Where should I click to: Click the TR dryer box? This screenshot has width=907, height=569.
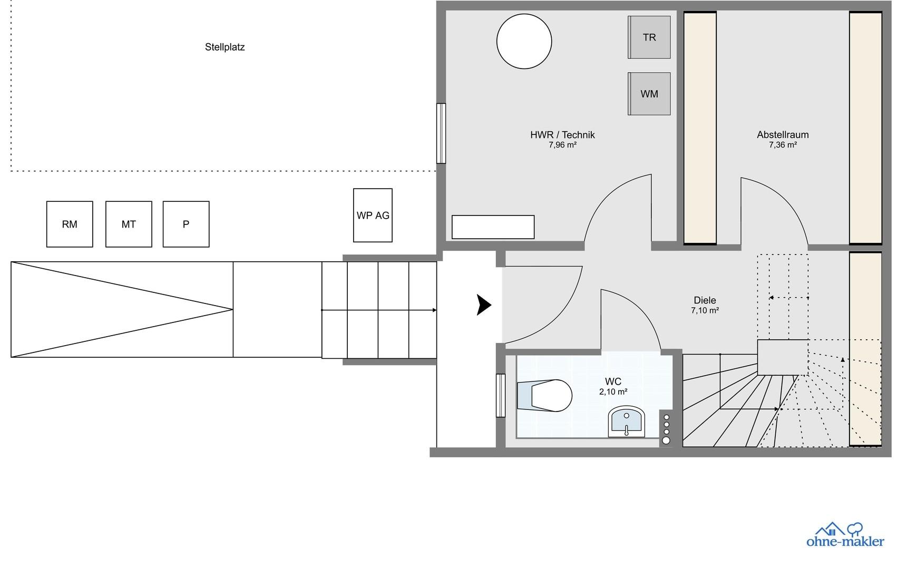[x=649, y=37]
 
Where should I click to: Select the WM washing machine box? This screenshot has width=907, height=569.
[x=649, y=94]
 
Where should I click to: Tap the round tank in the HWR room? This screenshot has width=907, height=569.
[x=524, y=41]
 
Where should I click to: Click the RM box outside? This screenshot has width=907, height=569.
[x=70, y=224]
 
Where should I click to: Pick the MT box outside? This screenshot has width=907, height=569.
[x=129, y=224]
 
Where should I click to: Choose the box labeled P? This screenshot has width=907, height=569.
[x=186, y=224]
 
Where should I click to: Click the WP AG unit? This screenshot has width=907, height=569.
[x=373, y=215]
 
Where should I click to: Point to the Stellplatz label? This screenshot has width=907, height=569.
[x=225, y=47]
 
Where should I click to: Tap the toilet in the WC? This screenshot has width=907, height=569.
[x=544, y=395]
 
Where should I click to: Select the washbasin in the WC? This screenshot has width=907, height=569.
[x=627, y=422]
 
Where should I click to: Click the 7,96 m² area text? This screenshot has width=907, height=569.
[x=562, y=145]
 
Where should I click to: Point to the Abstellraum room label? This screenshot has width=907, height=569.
[x=783, y=134]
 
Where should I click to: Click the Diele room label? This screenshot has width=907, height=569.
[x=705, y=300]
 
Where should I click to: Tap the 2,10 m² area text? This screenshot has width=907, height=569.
[x=613, y=391]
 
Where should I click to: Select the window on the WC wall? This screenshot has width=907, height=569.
[x=501, y=395]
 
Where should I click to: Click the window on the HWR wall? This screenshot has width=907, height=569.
[x=441, y=133]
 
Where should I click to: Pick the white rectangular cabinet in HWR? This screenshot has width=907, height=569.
[x=493, y=227]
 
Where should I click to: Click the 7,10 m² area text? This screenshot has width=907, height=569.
[x=705, y=311]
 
